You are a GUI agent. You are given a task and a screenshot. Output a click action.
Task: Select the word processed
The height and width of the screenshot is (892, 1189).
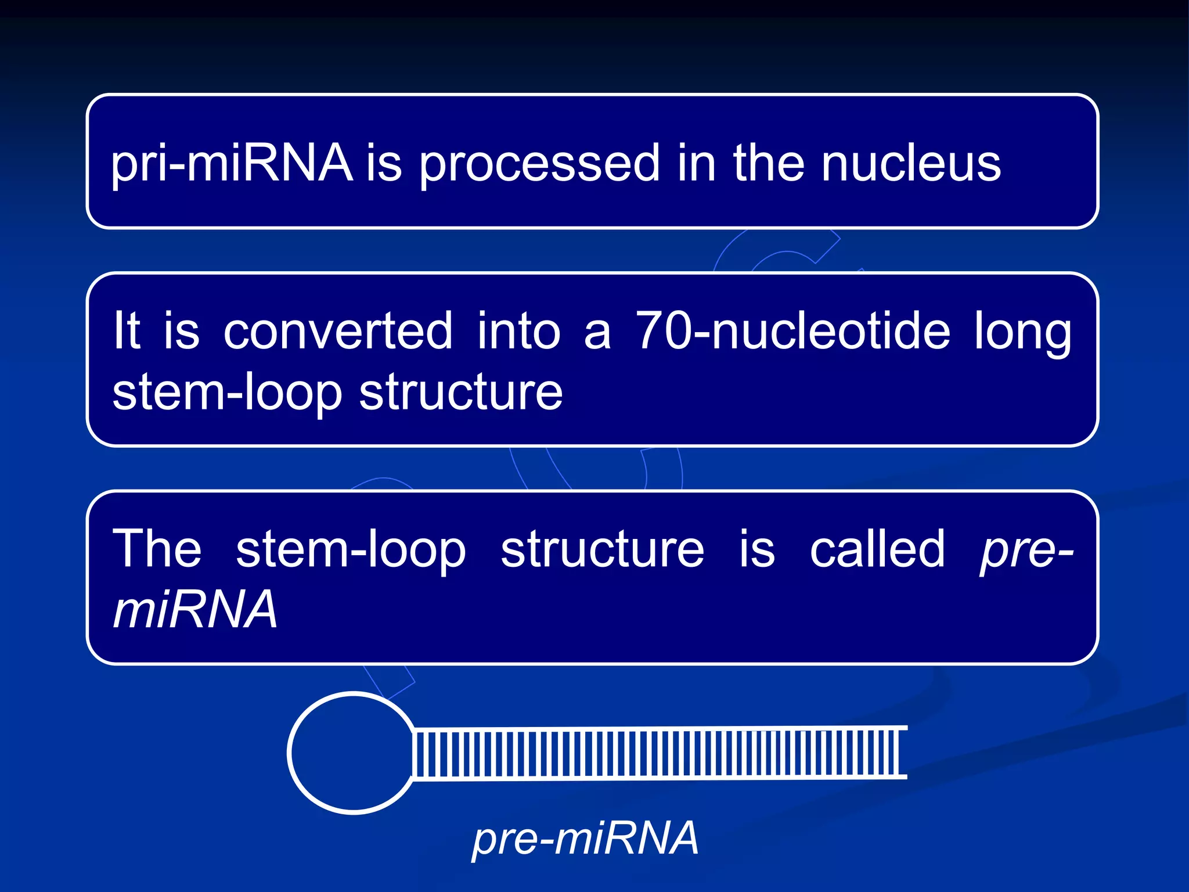pyautogui.click(x=539, y=164)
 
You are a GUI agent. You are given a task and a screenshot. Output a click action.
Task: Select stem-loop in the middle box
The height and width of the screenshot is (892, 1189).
pyautogui.click(x=227, y=394)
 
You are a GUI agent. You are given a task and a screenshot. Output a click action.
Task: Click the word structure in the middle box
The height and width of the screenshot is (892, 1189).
pyautogui.click(x=461, y=393)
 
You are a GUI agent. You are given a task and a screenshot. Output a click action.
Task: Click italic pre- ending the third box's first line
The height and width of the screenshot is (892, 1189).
pyautogui.click(x=1026, y=551)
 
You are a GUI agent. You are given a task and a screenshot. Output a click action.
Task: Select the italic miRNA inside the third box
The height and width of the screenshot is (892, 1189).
pyautogui.click(x=195, y=609)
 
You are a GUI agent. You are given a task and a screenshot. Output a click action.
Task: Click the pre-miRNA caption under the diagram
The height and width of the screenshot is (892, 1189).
pyautogui.click(x=585, y=839)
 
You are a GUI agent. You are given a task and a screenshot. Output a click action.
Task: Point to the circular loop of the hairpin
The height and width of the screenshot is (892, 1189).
pyautogui.click(x=352, y=753)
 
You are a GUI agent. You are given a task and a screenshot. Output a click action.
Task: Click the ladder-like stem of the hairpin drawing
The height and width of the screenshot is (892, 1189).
pyautogui.click(x=656, y=753)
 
